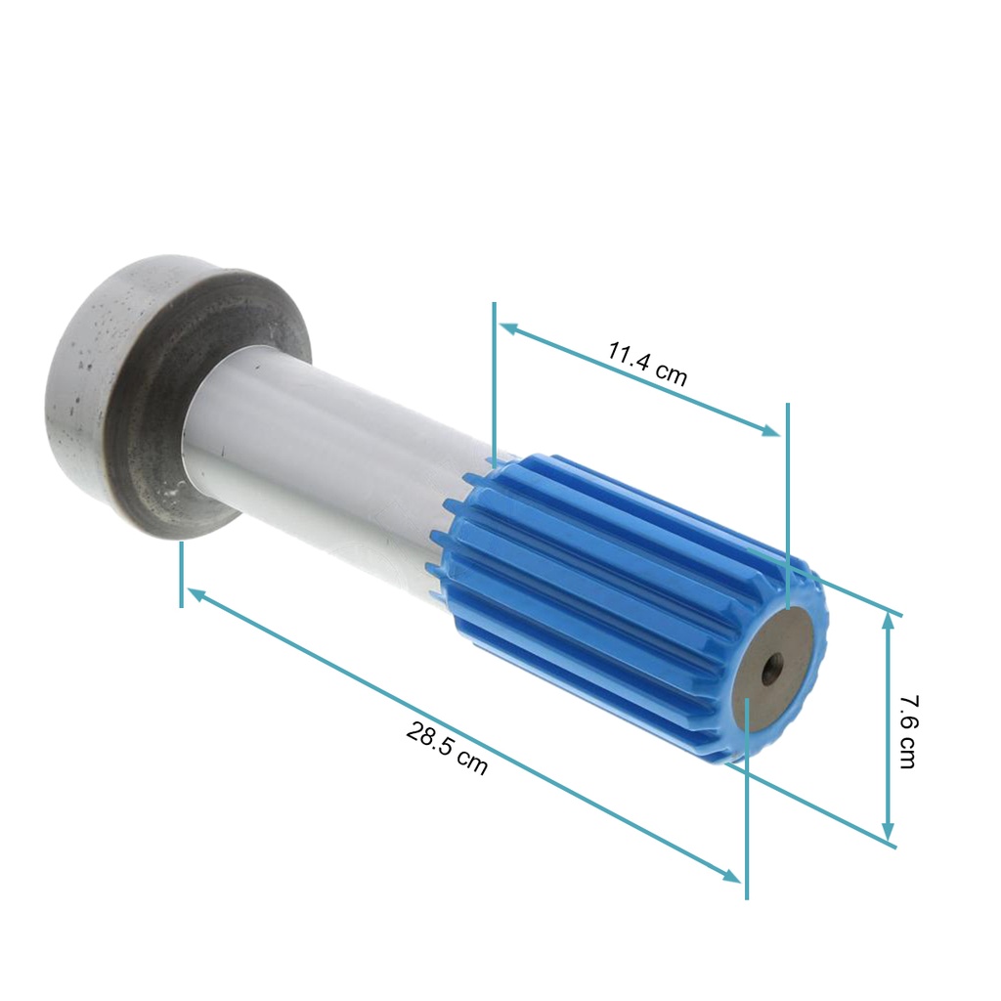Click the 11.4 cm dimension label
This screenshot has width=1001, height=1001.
pyautogui.click(x=646, y=364)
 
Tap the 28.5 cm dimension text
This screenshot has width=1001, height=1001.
pyautogui.click(x=446, y=749)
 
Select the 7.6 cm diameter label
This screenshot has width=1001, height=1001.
pyautogui.click(x=907, y=731)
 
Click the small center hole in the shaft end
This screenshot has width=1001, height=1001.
pyautogui.click(x=772, y=670)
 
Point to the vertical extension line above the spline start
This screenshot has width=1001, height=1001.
pyautogui.click(x=495, y=381)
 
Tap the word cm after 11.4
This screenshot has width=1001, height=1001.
pyautogui.click(x=671, y=374)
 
